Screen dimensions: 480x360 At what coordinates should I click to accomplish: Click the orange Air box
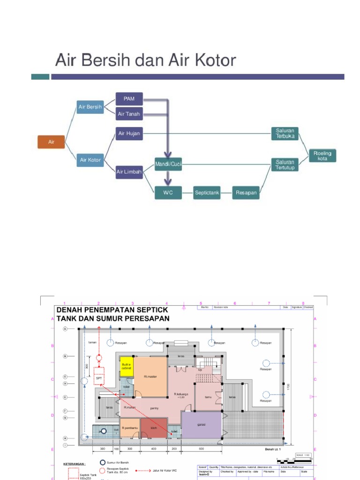point(51,142)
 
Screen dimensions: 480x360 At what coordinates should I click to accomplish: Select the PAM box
point(129,99)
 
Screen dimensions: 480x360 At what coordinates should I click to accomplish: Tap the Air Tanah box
point(129,114)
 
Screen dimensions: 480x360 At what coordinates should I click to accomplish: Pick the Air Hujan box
point(129,134)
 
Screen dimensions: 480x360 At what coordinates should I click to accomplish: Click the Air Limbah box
point(129,172)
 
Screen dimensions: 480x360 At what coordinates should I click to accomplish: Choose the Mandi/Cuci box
point(168,164)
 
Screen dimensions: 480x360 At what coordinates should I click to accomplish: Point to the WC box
point(168,192)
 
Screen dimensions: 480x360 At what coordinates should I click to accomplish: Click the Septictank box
point(207,192)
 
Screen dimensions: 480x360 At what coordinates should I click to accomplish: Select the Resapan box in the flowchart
point(246,192)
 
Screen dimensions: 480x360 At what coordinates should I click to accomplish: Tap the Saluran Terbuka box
point(285,133)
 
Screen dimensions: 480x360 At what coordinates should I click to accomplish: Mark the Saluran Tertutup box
point(285,165)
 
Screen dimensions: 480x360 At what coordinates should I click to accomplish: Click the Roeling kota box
point(322,156)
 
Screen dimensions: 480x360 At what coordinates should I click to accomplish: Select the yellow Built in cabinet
point(127,367)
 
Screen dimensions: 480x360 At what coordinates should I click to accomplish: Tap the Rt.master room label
point(150,376)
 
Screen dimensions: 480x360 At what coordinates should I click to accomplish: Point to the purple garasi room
point(202,425)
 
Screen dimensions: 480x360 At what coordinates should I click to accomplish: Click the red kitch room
point(154,428)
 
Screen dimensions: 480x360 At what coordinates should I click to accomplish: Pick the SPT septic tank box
point(99,378)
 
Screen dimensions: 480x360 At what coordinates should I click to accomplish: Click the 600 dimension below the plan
point(202,449)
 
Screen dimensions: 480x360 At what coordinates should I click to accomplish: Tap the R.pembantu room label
point(129,428)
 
